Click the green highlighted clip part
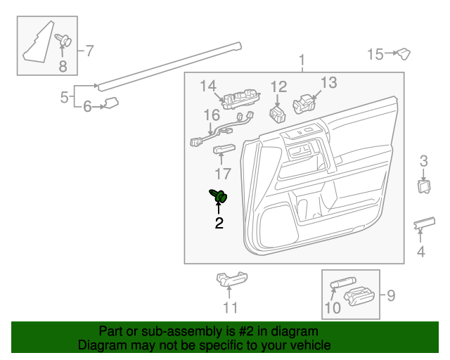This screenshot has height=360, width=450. [x=220, y=196]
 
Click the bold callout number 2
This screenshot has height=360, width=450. [x=219, y=224]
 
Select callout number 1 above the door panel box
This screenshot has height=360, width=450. [x=302, y=60]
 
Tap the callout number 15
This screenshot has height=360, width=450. [x=375, y=53]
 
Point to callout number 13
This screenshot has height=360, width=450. [x=329, y=82]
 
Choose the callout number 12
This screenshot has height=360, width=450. [x=279, y=87]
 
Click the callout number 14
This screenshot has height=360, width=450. [x=207, y=86]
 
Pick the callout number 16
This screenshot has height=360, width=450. [x=212, y=115]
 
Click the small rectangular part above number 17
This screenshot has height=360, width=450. [x=224, y=148]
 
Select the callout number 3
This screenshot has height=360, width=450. [x=424, y=162]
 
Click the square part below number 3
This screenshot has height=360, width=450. [x=424, y=186]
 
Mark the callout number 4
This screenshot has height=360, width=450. [x=421, y=251]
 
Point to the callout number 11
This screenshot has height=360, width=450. [x=231, y=307]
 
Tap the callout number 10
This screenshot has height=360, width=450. [x=333, y=307]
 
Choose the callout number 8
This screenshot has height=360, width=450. [x=63, y=67]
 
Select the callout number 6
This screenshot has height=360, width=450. [x=88, y=107]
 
